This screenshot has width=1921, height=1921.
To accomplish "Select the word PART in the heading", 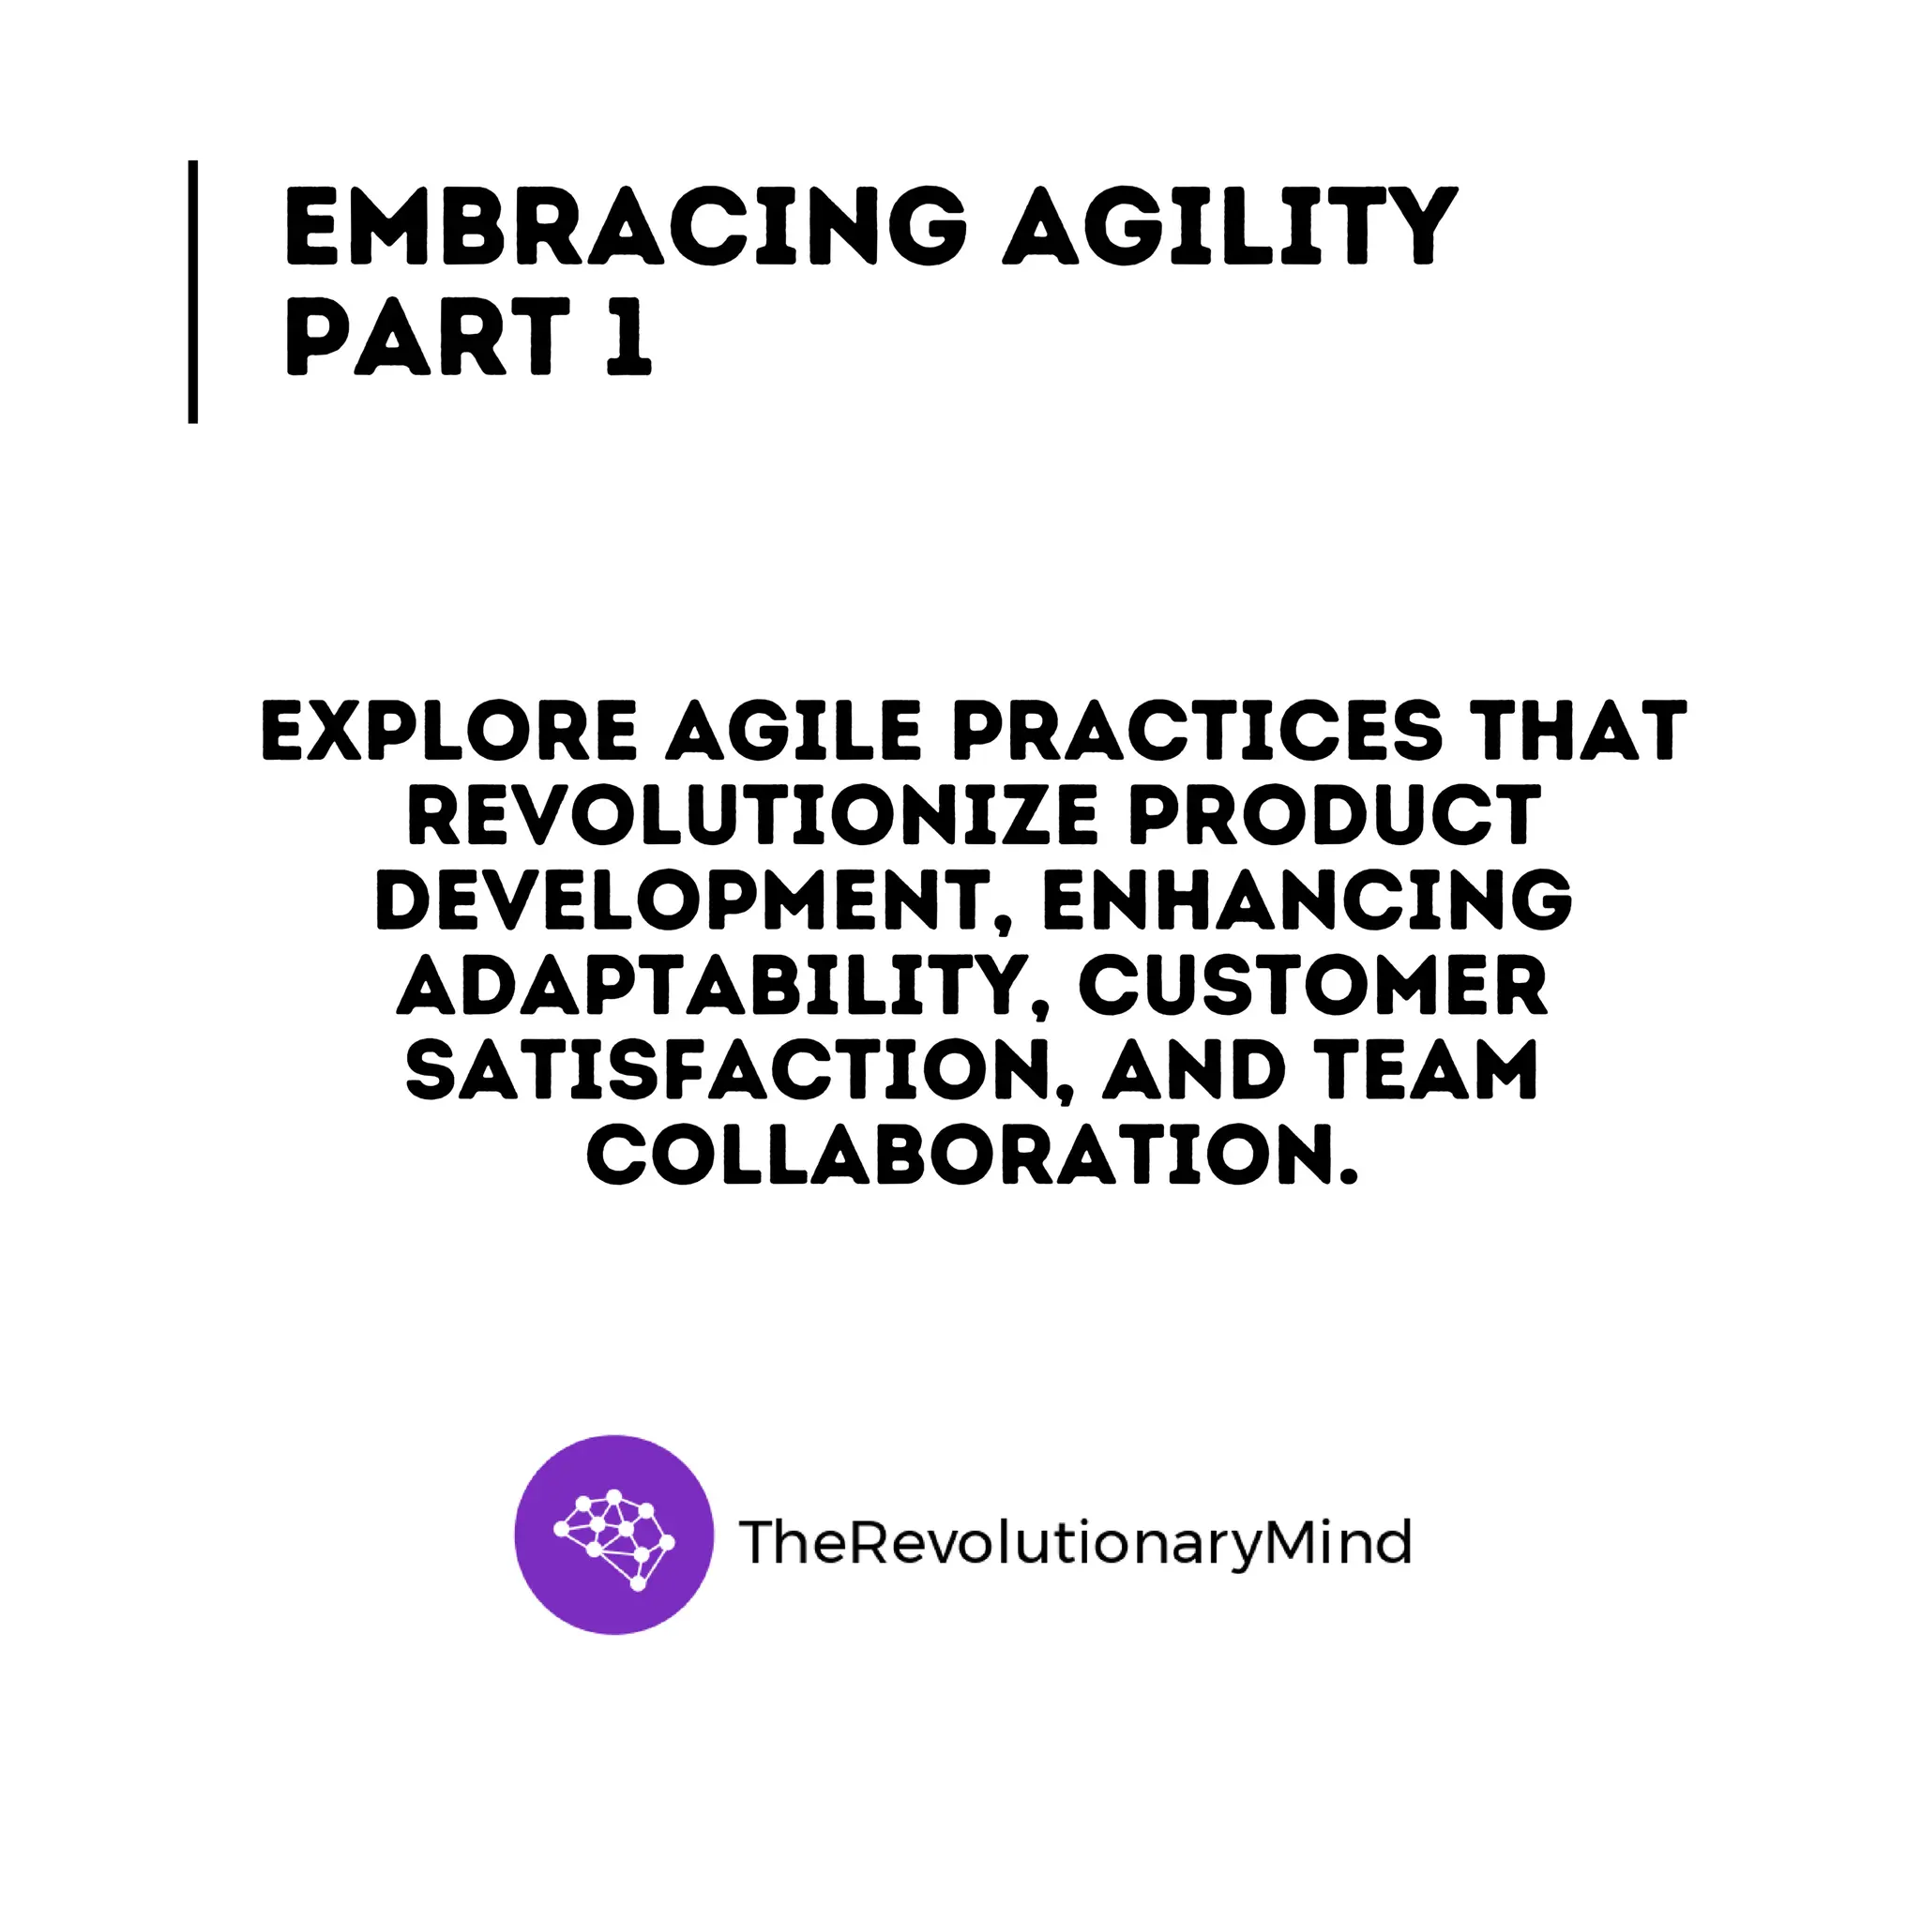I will click(x=428, y=338).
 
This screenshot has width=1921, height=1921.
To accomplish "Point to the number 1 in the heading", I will click(x=628, y=338).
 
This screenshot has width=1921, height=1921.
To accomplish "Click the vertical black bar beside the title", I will click(x=193, y=292).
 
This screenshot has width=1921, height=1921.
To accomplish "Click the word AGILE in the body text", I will click(x=794, y=731).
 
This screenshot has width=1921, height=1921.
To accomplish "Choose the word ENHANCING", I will click(x=1307, y=900).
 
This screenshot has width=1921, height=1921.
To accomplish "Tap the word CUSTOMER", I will click(x=1312, y=987).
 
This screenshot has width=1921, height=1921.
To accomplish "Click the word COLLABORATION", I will click(x=971, y=1157).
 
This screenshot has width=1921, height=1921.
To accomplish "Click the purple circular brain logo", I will click(x=613, y=1535).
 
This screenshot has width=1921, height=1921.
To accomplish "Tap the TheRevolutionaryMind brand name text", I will click(x=1074, y=1542).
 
